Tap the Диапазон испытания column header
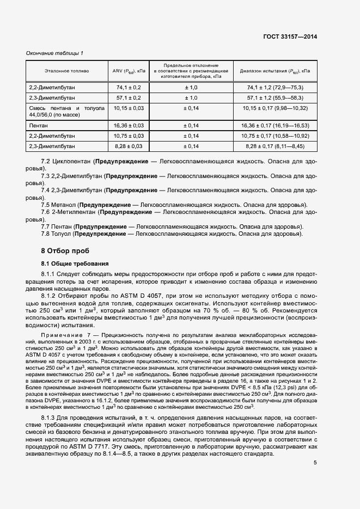click(275, 71)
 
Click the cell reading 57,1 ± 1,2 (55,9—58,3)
click(275, 97)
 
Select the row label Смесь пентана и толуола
click(66, 108)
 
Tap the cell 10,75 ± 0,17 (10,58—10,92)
click(275, 136)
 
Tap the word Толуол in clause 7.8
click(63, 234)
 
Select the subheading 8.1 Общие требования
click(75, 263)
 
